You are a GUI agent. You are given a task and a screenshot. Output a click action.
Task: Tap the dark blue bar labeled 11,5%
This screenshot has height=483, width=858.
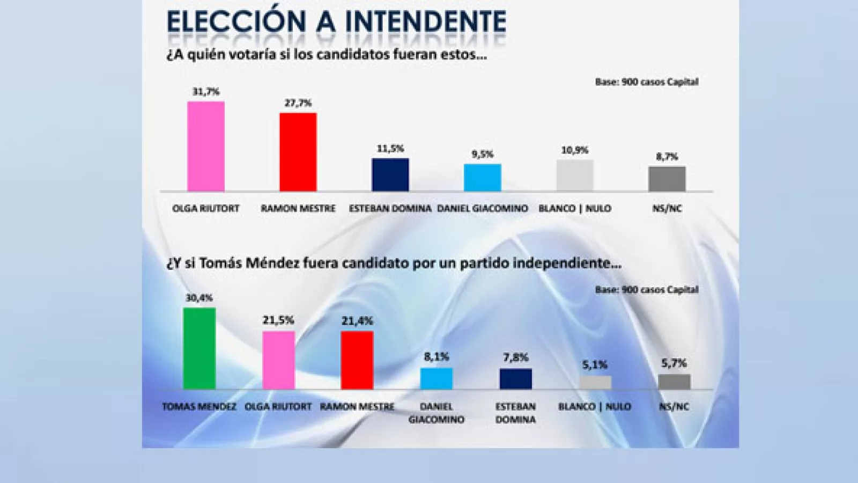point(390,175)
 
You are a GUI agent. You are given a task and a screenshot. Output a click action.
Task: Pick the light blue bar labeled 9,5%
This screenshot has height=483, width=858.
point(483,178)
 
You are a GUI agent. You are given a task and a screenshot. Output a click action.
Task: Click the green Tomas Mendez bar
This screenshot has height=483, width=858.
point(199,348)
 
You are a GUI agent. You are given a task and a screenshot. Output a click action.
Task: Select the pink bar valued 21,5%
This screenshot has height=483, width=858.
point(278,360)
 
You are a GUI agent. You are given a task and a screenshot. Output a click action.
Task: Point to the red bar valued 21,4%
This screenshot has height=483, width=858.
point(357,360)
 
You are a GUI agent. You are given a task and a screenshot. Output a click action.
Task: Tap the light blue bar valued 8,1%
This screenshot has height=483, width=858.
point(437,378)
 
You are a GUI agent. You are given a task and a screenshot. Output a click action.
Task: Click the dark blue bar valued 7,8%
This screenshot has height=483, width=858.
point(516,379)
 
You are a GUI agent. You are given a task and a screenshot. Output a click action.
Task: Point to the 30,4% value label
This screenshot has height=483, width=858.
point(199,298)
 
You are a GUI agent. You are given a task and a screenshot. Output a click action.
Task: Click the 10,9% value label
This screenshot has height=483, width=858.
point(575,150)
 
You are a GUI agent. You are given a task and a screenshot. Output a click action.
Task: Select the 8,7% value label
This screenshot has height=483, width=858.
point(667,157)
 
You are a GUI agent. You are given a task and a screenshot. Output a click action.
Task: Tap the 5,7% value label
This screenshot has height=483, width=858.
point(674,363)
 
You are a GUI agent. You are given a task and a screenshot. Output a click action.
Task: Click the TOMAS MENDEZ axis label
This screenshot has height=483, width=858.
point(199,407)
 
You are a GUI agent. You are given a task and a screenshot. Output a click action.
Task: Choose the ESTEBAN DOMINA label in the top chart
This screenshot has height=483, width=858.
point(390,208)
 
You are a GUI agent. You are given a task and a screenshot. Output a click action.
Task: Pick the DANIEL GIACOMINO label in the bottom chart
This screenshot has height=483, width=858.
point(437,413)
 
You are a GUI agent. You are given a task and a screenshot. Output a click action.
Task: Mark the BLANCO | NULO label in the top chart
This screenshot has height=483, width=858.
point(575,208)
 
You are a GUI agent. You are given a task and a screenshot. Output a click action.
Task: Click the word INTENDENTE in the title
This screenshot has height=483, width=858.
point(425,23)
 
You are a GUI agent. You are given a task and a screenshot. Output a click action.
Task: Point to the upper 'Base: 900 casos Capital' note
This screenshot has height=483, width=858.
point(647,82)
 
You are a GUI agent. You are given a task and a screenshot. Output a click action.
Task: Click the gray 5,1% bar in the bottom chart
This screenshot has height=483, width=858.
point(595,383)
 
